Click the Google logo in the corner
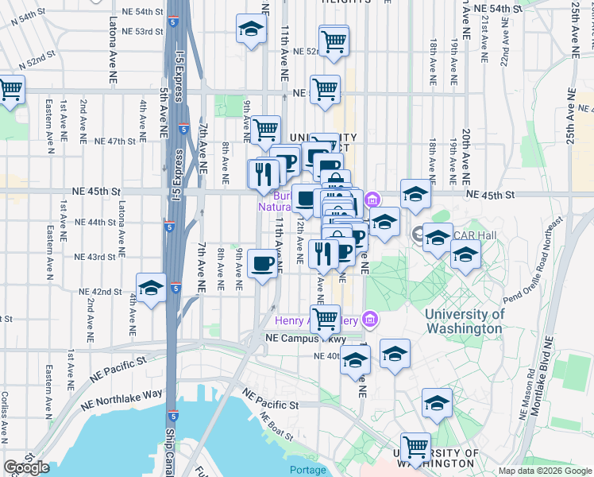pos(26,467)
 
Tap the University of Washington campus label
pos(465,320)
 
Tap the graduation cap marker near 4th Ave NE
pos(151,289)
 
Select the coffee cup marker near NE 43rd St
pos(262,264)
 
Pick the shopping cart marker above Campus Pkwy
pos(324,319)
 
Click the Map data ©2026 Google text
pos(545,471)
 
